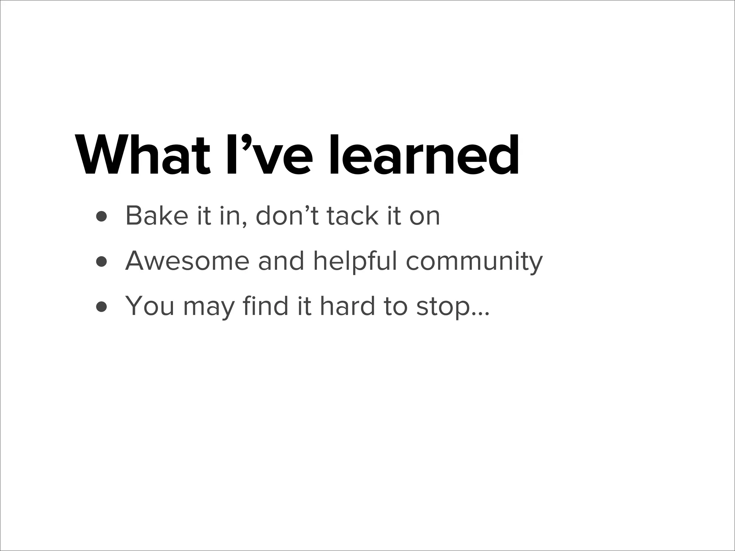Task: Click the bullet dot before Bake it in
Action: click(102, 217)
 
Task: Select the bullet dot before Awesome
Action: click(102, 262)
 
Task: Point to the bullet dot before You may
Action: click(102, 307)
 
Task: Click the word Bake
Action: click(157, 216)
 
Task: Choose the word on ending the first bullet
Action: click(425, 217)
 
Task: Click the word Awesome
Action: click(187, 261)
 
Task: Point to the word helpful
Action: click(355, 261)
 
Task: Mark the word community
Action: click(474, 262)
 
